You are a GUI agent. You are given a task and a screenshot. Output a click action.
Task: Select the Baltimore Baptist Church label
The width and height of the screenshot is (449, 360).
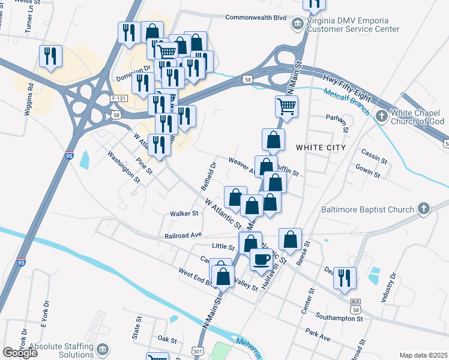pos(367,209)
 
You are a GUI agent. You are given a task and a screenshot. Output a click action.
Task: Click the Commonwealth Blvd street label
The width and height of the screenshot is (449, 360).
pos(256,17)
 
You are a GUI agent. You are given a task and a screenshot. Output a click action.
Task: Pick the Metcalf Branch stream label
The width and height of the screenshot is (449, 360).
pos(346,101)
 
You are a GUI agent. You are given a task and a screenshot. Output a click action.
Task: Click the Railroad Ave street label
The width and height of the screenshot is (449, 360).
pos(183,236)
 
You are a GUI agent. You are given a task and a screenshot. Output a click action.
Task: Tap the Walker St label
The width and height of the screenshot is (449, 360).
pos(184,213)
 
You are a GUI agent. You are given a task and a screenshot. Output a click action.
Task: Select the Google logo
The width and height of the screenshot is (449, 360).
pos(20,352)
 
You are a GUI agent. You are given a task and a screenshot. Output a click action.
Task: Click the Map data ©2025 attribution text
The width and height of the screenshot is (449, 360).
pos(423,355)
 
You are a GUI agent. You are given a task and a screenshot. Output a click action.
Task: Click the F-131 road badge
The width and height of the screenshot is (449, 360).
pos(119,97)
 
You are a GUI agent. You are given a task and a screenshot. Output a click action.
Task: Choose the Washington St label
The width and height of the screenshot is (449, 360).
pos(124,166)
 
